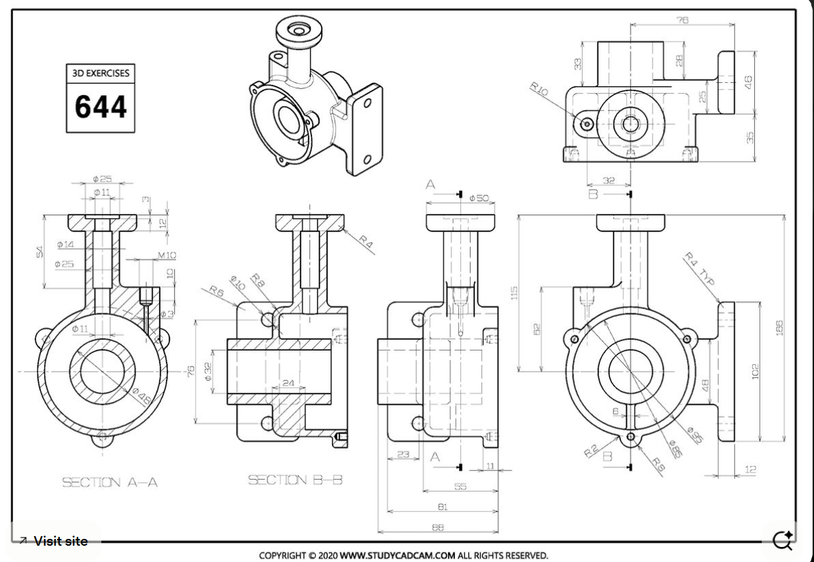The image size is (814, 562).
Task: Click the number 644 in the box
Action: pyautogui.click(x=100, y=107)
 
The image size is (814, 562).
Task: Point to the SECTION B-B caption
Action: pyautogui.click(x=294, y=480)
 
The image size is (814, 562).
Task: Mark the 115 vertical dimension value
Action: pyautogui.click(x=515, y=293)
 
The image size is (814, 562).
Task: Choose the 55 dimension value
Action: pyautogui.click(x=460, y=487)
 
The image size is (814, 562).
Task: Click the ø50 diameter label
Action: pyautogui.click(x=478, y=198)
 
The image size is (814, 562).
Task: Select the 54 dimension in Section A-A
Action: pyautogui.click(x=39, y=251)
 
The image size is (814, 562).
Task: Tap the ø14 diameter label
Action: pyautogui.click(x=65, y=243)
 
